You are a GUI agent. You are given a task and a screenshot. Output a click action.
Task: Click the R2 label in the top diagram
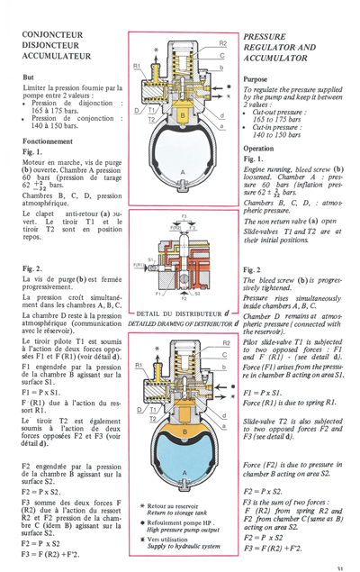tap(222, 42)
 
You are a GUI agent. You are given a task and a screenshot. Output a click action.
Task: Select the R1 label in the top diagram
tap(137, 66)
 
